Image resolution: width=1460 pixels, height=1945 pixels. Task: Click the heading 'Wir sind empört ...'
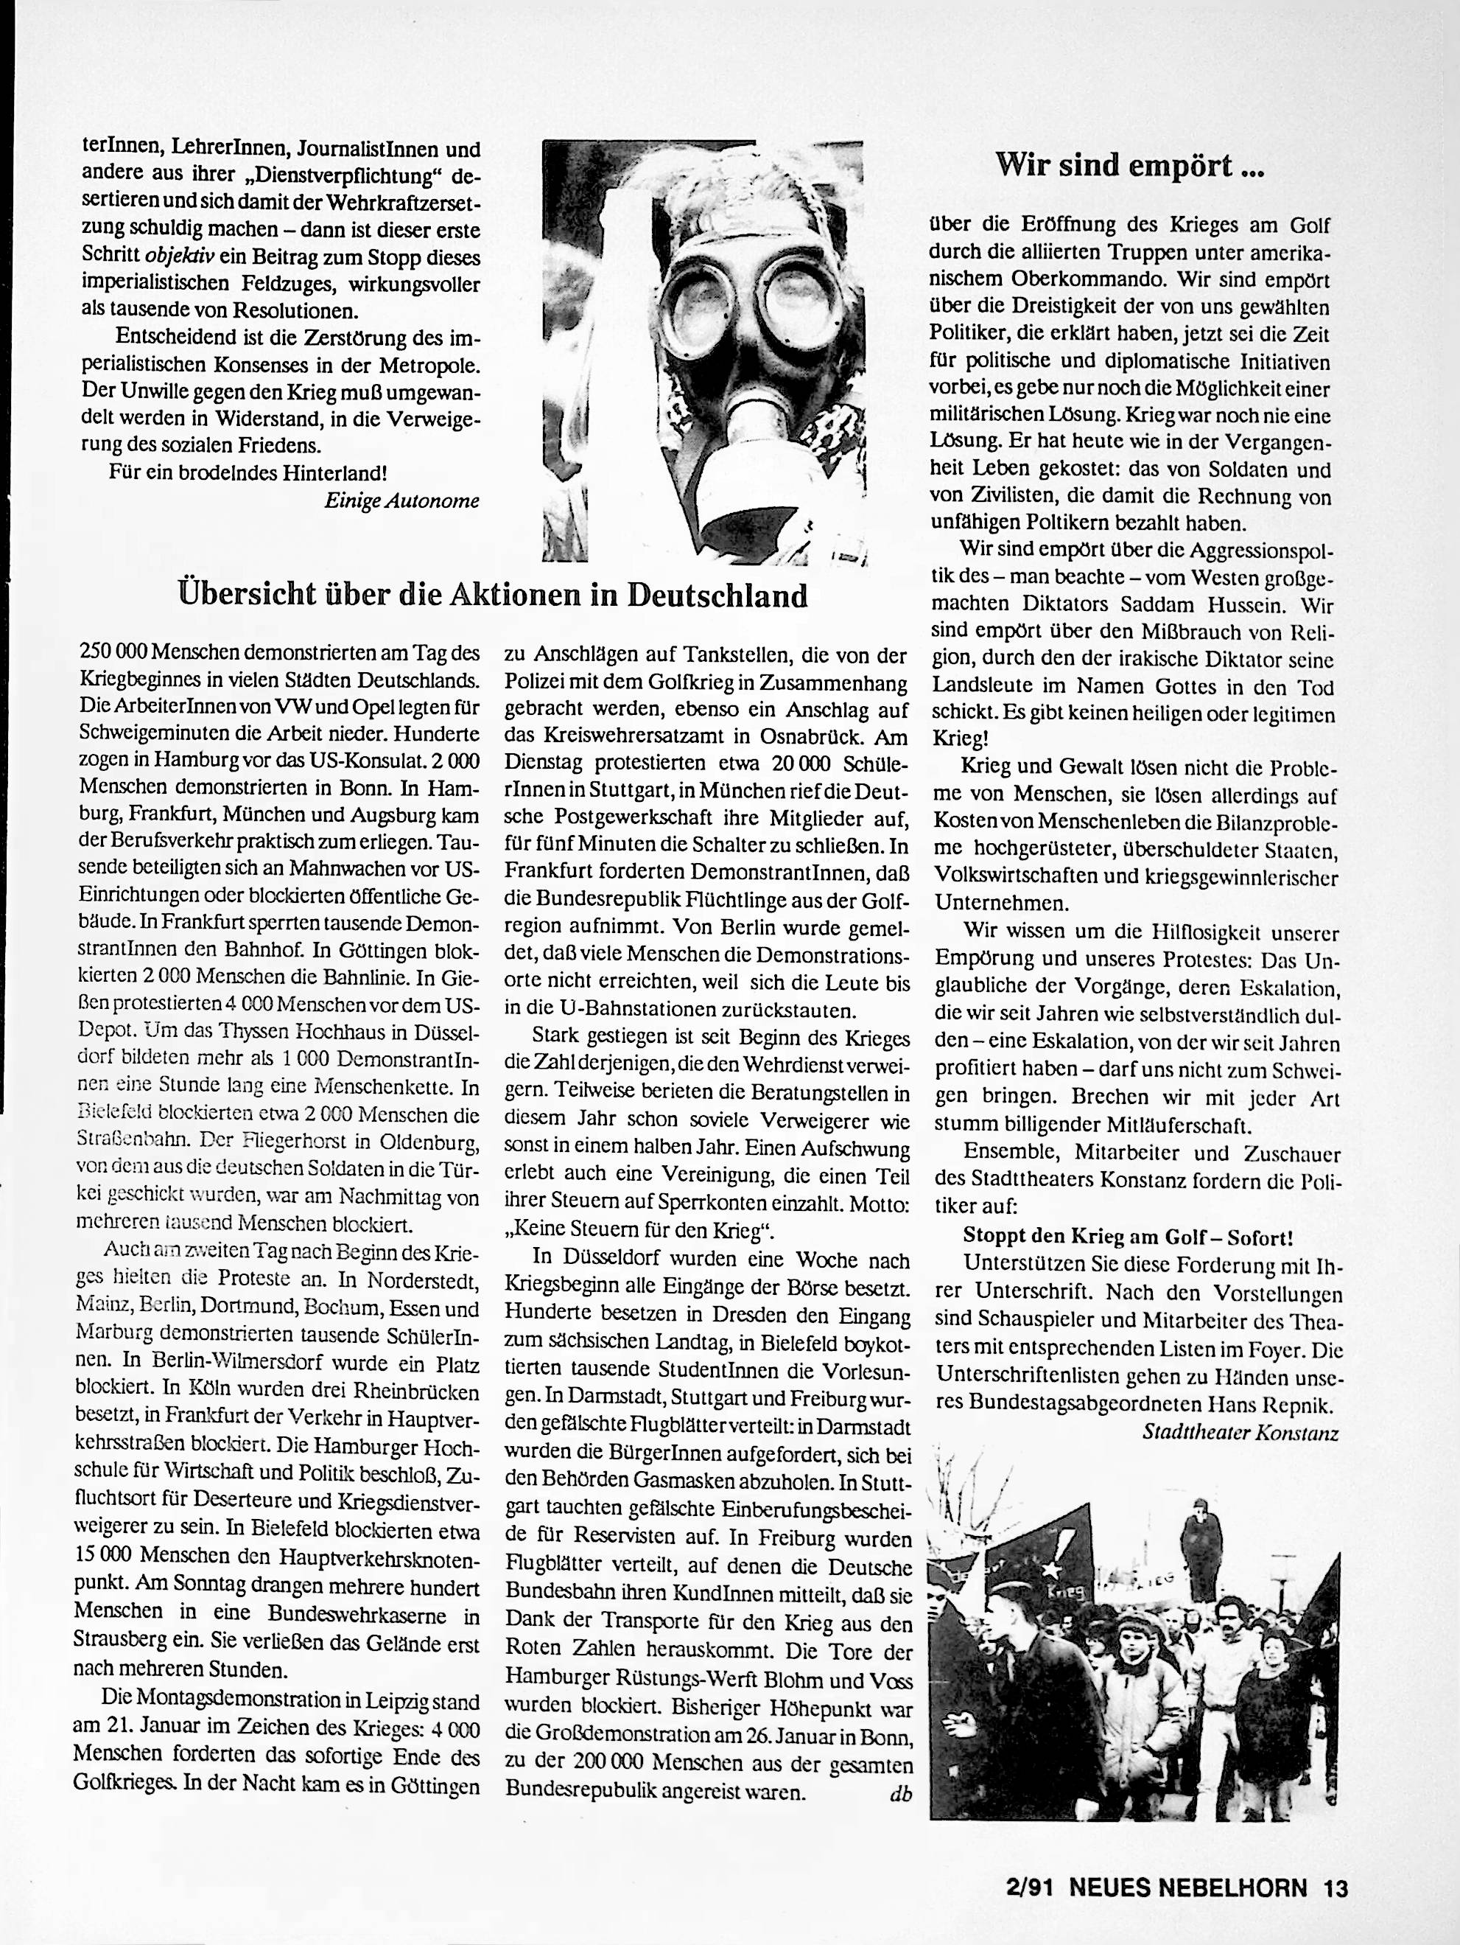click(x=1129, y=165)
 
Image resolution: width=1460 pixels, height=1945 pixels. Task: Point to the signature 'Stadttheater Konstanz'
click(x=1239, y=1432)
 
